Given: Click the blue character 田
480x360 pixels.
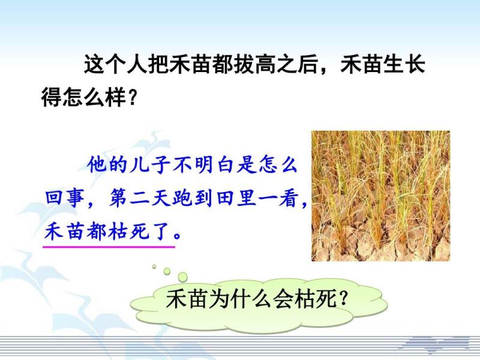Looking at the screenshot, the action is click(226, 198).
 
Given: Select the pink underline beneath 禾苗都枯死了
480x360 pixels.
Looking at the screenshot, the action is click(109, 246).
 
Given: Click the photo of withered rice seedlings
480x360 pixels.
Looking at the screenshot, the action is click(380, 196).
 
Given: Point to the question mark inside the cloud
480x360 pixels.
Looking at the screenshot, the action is click(344, 298).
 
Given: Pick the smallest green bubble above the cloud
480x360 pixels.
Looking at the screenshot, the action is click(154, 266).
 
